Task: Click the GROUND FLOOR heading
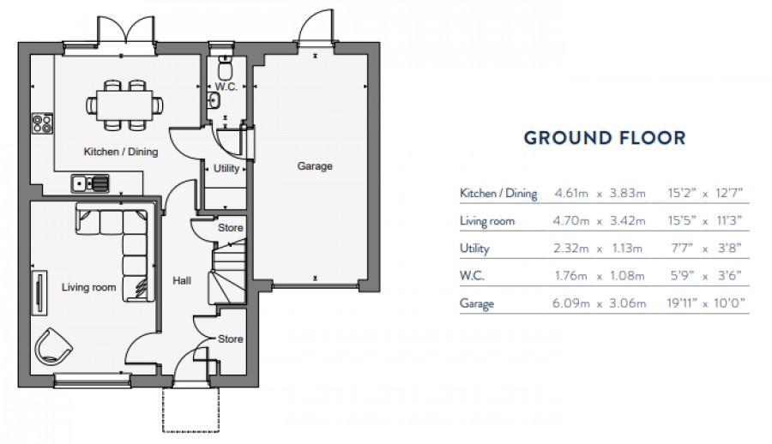point(604,137)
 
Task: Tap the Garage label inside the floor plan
point(315,166)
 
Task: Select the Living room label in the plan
point(88,288)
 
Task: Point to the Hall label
point(181,280)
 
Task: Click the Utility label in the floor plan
point(226,169)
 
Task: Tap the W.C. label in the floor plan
point(226,87)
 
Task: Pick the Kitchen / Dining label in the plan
point(121,152)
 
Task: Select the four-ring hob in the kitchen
point(41,124)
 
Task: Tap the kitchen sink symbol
point(90,182)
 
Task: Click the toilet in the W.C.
point(226,67)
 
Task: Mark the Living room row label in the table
point(487,221)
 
